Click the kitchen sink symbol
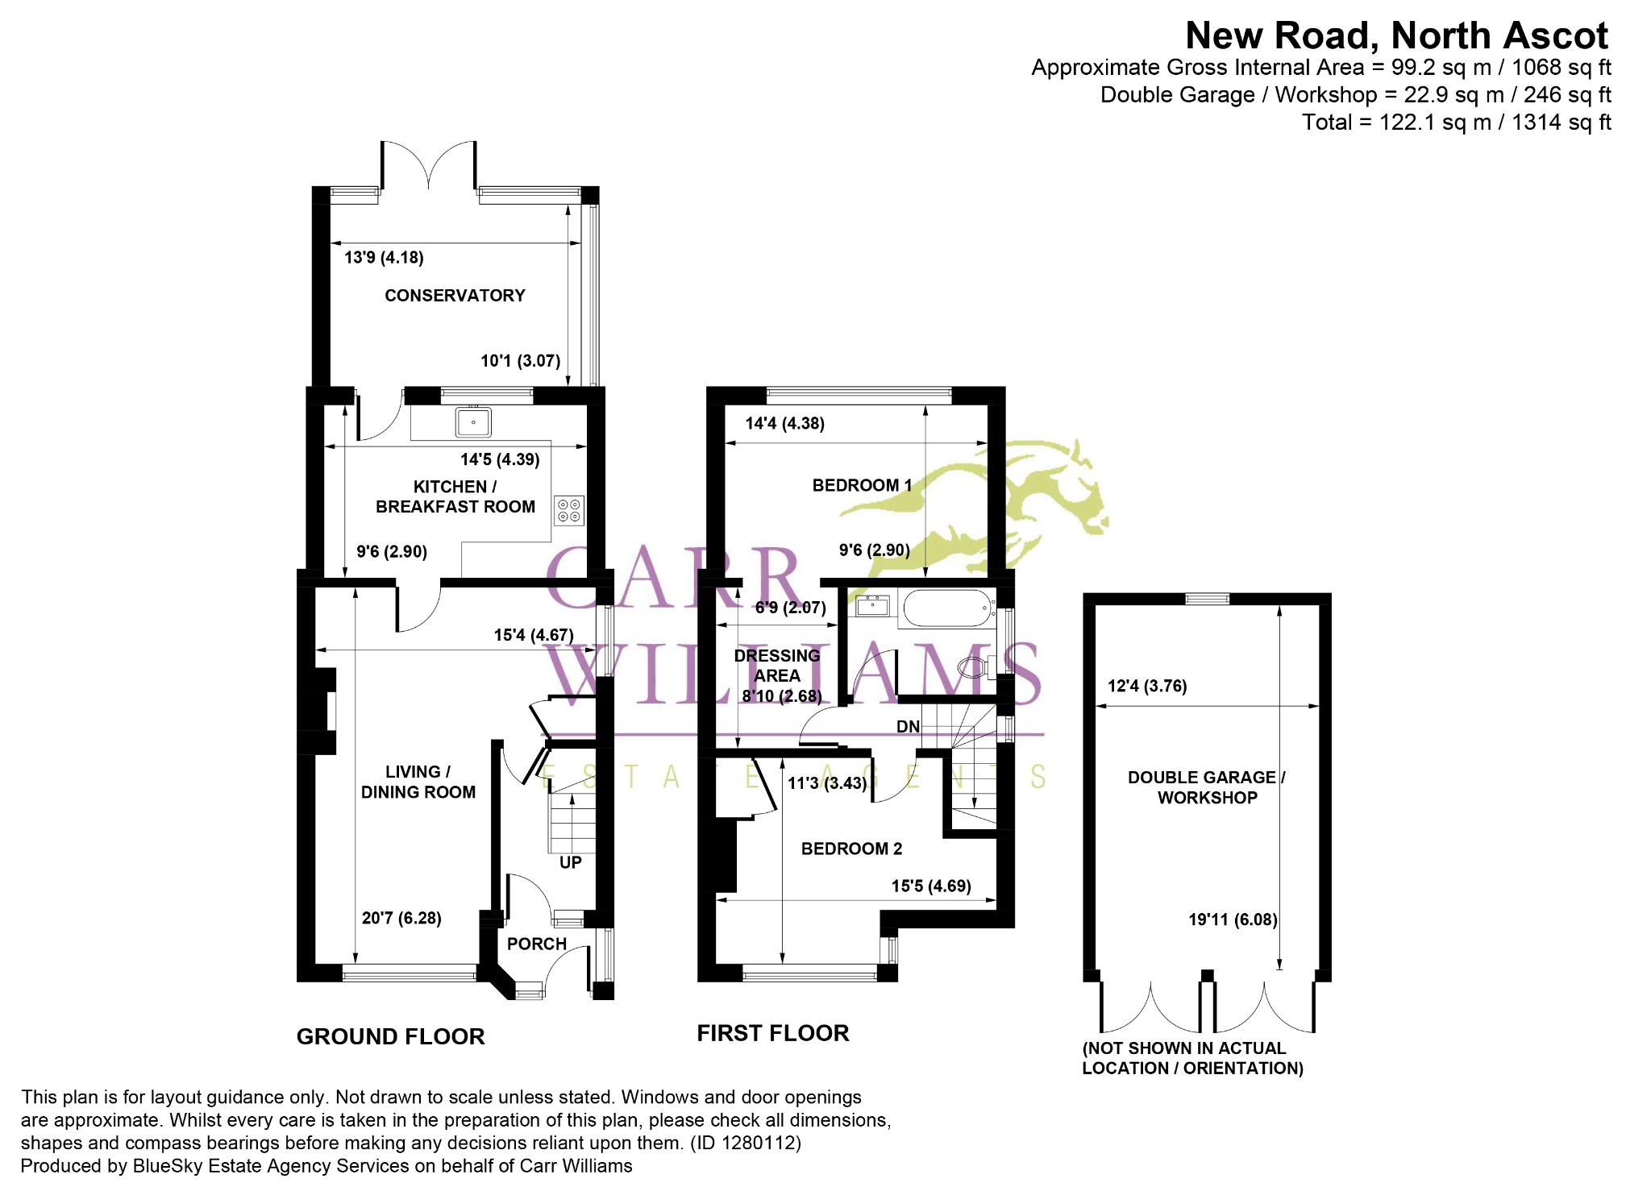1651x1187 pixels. [x=473, y=421]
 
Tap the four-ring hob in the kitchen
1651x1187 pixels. [x=569, y=510]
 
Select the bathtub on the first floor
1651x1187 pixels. [x=948, y=608]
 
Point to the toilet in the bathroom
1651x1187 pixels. [x=976, y=666]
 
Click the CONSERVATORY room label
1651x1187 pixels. [x=455, y=296]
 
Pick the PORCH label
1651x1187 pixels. [x=537, y=944]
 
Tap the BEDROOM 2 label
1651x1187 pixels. [x=851, y=849]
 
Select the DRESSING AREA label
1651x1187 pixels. [x=777, y=666]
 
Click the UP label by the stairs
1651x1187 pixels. [x=571, y=862]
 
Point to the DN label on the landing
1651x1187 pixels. [x=909, y=727]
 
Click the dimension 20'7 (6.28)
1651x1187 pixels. [x=401, y=918]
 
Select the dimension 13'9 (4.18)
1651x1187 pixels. [x=384, y=258]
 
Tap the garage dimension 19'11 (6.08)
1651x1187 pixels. [x=1233, y=919]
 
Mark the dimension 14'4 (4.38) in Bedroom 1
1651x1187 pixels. [x=784, y=424]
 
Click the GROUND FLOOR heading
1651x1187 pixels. [x=391, y=1036]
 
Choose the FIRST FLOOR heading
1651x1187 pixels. [x=773, y=1033]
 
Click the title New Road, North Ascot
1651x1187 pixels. [x=1397, y=36]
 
